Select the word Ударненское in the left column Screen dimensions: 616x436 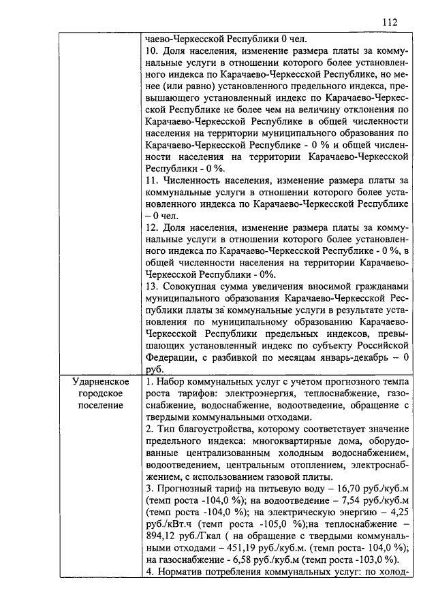tap(101, 382)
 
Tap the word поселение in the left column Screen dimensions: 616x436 tap(101, 406)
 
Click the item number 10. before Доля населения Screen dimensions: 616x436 tap(153, 51)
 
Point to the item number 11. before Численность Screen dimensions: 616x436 tap(153, 180)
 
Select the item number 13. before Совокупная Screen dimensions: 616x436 tap(153, 287)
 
